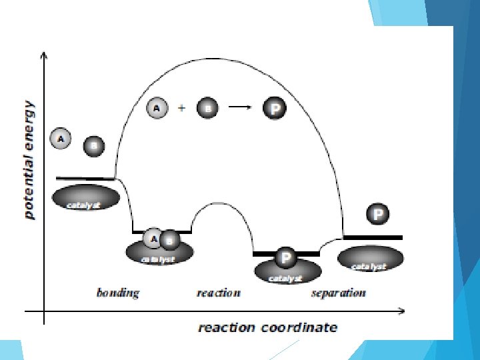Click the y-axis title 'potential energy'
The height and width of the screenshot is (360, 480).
[x=29, y=160]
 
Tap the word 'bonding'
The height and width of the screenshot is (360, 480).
[x=118, y=293]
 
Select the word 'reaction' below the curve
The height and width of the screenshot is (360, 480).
[x=218, y=293]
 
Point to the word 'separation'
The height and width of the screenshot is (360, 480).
[x=338, y=293]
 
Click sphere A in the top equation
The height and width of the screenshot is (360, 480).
[x=157, y=107]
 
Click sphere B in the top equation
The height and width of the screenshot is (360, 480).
[x=207, y=108]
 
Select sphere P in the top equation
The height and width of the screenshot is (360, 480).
[x=274, y=108]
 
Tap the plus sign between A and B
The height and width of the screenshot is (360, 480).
[x=181, y=107]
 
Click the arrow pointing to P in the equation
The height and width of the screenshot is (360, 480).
[x=240, y=107]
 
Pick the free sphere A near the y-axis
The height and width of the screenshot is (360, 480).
[x=61, y=139]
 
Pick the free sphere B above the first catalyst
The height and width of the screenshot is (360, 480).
[x=94, y=145]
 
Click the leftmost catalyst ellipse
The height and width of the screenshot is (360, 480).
[x=85, y=197]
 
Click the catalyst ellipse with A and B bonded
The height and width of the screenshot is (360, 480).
[x=160, y=252]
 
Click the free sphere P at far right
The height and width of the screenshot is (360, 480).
[x=378, y=214]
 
